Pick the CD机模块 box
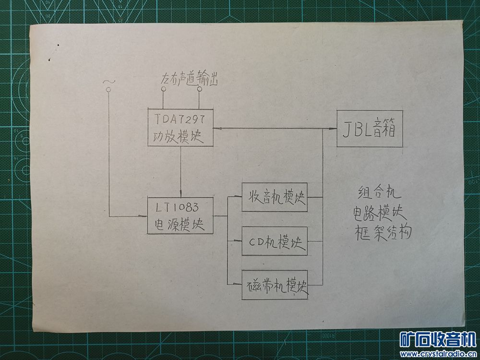tap(274, 241)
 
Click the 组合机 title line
tap(376, 193)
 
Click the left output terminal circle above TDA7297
tap(163, 89)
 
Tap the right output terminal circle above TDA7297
tap(199, 89)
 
